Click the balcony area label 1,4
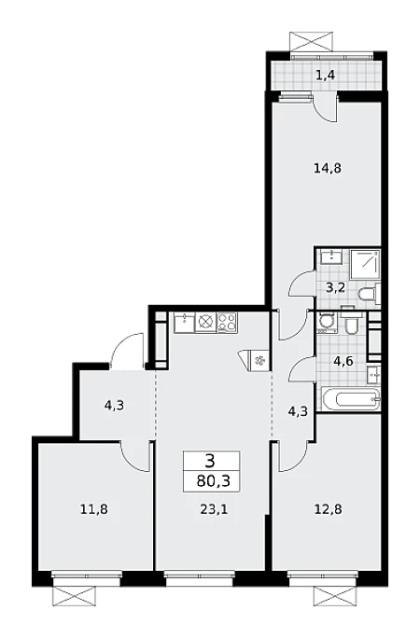click(x=326, y=75)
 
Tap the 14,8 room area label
click(x=328, y=168)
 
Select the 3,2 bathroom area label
click(x=336, y=287)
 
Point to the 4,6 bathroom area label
click(x=343, y=360)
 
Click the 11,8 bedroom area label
click(x=94, y=508)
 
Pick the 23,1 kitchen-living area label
click(x=214, y=508)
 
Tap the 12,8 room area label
click(x=328, y=508)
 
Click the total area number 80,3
click(x=213, y=481)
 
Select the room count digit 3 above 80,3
click(x=210, y=462)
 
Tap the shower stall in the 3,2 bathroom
click(x=365, y=265)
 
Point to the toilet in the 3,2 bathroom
click(x=369, y=295)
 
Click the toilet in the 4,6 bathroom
click(x=351, y=323)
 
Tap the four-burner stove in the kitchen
click(x=228, y=323)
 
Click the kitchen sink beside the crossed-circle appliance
click(x=185, y=323)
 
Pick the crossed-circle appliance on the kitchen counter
click(x=206, y=323)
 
